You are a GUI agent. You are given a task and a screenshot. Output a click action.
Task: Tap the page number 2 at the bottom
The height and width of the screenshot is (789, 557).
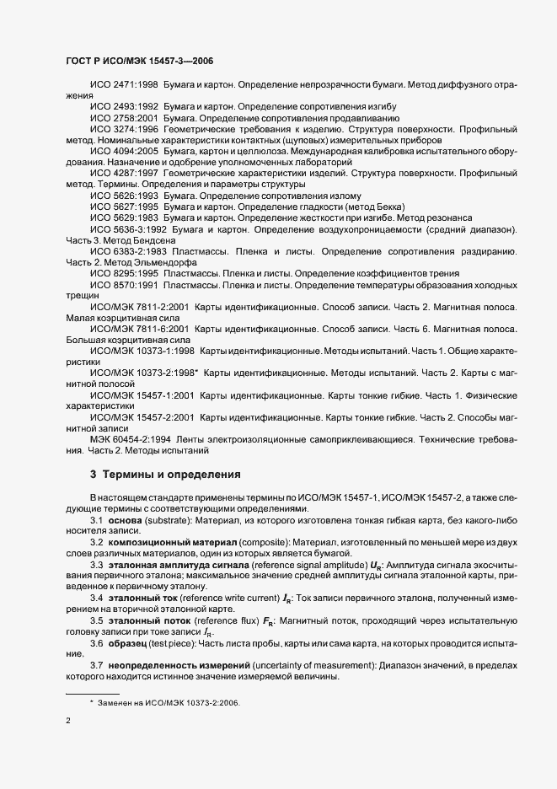pyautogui.click(x=68, y=721)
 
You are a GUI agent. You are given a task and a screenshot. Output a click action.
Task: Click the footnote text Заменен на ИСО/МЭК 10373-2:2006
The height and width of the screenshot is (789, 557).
pyautogui.click(x=170, y=701)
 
